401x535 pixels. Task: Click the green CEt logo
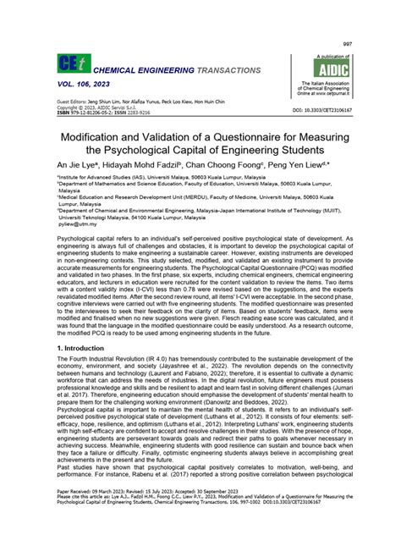point(71,64)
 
